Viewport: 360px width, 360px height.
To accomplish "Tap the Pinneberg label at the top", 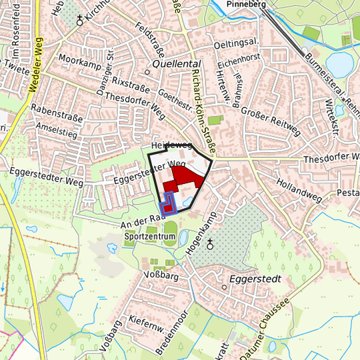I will coord(247,4).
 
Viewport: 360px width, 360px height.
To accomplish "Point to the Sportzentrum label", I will coord(150,237).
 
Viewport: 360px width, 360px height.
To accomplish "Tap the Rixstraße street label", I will coord(130,83).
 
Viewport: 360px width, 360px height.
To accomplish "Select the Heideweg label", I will coord(171,145).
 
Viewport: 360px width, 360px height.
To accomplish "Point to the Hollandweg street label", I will coord(299,189).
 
